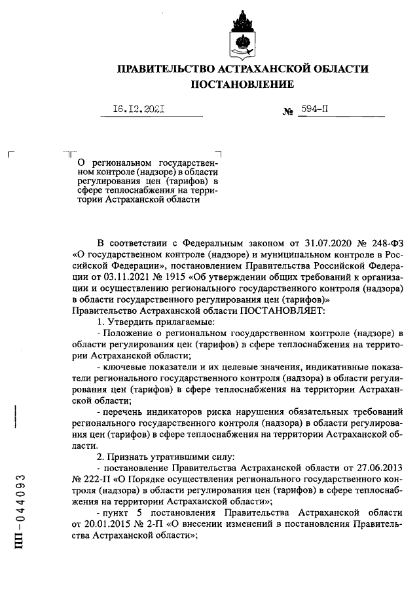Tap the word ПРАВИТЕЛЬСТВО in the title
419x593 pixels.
coord(161,69)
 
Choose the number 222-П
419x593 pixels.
coord(98,480)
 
